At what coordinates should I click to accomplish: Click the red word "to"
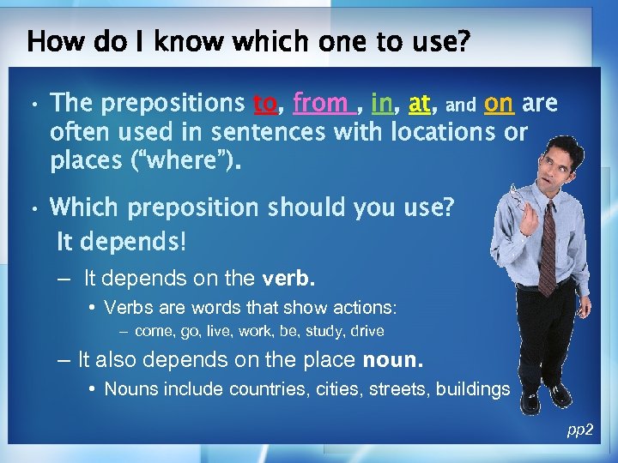[x=264, y=105]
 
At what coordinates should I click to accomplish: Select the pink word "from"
[x=320, y=104]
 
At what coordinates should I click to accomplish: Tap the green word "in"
[x=382, y=104]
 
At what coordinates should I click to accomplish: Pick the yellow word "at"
[x=420, y=105]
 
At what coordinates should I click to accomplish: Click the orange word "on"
[x=499, y=104]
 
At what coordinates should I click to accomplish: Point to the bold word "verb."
[x=288, y=278]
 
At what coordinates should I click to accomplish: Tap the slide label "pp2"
[x=579, y=430]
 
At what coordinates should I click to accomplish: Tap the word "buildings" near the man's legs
[x=473, y=390]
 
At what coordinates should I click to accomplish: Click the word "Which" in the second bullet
[x=84, y=208]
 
